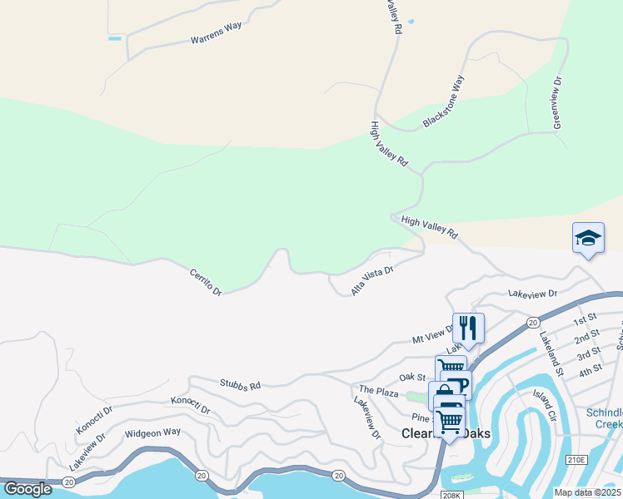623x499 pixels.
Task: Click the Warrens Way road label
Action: click(x=216, y=32)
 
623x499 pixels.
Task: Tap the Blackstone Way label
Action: click(x=443, y=101)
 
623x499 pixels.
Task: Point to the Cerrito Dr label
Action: click(x=205, y=282)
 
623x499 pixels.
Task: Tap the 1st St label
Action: click(x=586, y=319)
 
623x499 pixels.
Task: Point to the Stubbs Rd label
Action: click(x=240, y=385)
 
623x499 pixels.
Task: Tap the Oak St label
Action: click(x=412, y=378)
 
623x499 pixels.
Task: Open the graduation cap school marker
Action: click(x=588, y=239)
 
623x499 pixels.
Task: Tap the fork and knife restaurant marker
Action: click(x=468, y=328)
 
